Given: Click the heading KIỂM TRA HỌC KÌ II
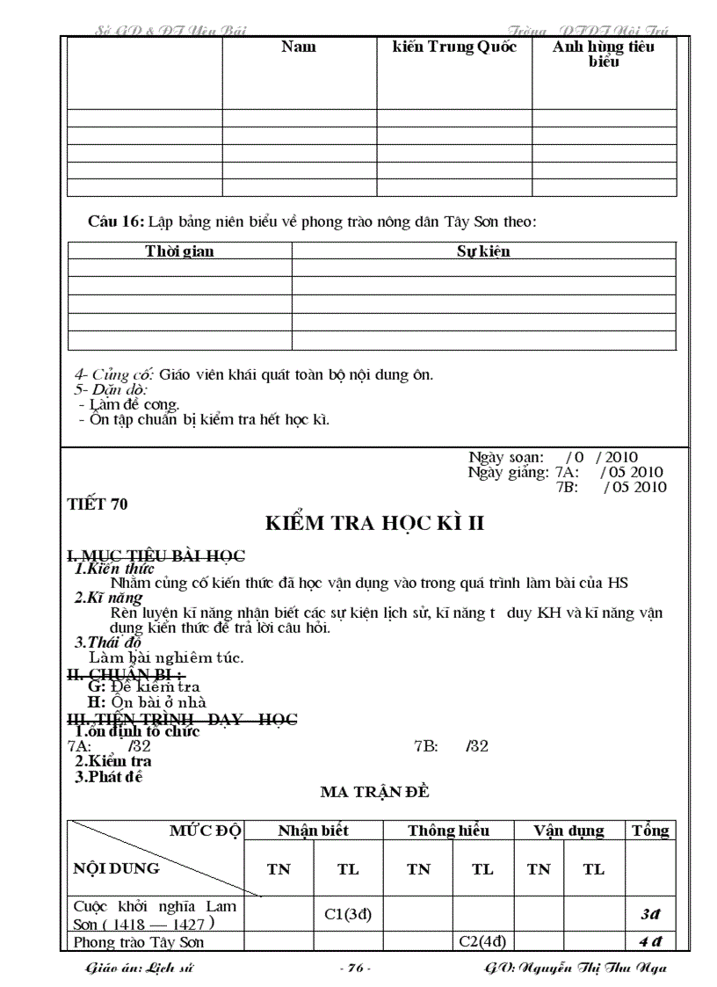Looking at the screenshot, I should tap(375, 524).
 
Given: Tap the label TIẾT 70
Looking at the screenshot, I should tap(98, 504).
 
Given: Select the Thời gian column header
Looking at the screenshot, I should tap(179, 251).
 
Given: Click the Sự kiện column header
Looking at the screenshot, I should tap(483, 251).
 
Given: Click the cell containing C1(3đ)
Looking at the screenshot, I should tap(349, 914).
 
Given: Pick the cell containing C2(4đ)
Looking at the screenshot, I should tap(482, 942).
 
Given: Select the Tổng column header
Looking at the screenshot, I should tap(650, 831).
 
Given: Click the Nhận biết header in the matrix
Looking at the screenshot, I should tap(314, 831).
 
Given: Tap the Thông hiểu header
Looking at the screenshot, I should tap(448, 831).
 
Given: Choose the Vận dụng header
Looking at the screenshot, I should tap(569, 831).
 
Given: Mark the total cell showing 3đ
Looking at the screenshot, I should tap(650, 914).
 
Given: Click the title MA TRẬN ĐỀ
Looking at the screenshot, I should tap(374, 792).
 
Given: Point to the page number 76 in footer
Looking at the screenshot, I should tap(356, 969).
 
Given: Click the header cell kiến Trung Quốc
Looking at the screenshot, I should tap(454, 47).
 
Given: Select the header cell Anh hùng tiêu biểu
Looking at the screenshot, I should tap(603, 54).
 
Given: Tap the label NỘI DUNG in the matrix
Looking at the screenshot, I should tap(117, 868).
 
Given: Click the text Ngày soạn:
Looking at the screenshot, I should tap(506, 457).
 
